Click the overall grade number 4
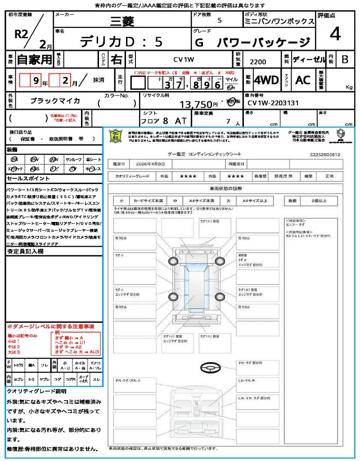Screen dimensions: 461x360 tap(334, 34)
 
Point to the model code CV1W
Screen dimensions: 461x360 tap(183, 59)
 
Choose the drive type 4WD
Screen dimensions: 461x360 tap(266, 80)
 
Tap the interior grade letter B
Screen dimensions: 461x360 tap(344, 59)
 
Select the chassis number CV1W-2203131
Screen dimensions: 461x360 tap(273, 103)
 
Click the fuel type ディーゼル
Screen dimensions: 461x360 tap(309, 59)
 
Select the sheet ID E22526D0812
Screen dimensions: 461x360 tap(325, 154)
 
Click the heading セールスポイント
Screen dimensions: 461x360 tap(24, 179)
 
